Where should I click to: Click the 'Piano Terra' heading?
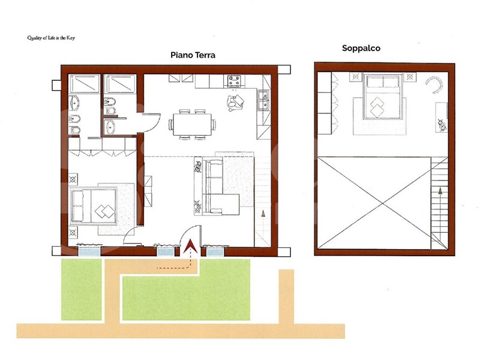[x=193, y=55]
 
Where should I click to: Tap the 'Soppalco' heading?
[x=361, y=49]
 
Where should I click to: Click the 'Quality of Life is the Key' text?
[x=51, y=38]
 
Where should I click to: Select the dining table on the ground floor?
[x=192, y=124]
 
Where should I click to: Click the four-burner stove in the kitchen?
[x=234, y=81]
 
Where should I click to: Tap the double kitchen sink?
[x=263, y=100]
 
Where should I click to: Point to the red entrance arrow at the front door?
[x=190, y=246]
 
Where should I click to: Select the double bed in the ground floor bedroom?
[x=94, y=206]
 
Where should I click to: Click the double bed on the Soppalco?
[x=382, y=96]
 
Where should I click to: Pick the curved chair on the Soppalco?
[x=434, y=84]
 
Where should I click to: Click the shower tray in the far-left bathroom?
[x=85, y=83]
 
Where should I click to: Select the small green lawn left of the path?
[x=82, y=290]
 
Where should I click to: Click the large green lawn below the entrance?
[x=186, y=298]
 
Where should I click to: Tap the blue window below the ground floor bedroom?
[x=89, y=251]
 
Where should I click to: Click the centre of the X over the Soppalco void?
[x=382, y=203]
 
